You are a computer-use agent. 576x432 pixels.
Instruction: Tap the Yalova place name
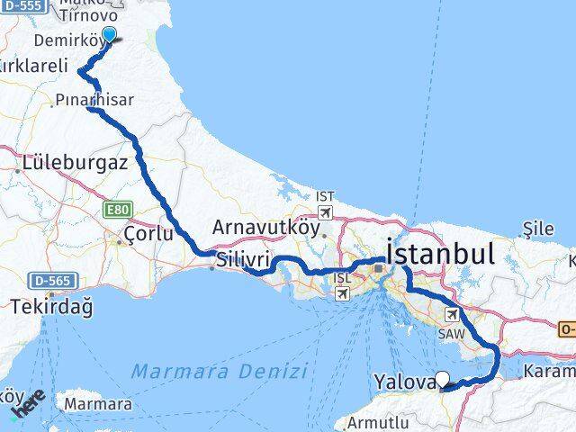coord(401,381)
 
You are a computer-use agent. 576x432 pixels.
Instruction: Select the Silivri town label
coord(241,256)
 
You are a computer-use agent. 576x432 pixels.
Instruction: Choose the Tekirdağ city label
coord(52,307)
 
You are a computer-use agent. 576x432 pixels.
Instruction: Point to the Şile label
coord(539,229)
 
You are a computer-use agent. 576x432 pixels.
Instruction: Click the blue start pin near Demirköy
coord(110,35)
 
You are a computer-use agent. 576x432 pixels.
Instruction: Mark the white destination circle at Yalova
coord(442,380)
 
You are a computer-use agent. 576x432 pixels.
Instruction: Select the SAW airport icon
coord(452,314)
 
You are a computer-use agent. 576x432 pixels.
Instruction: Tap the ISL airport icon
coord(343,293)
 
